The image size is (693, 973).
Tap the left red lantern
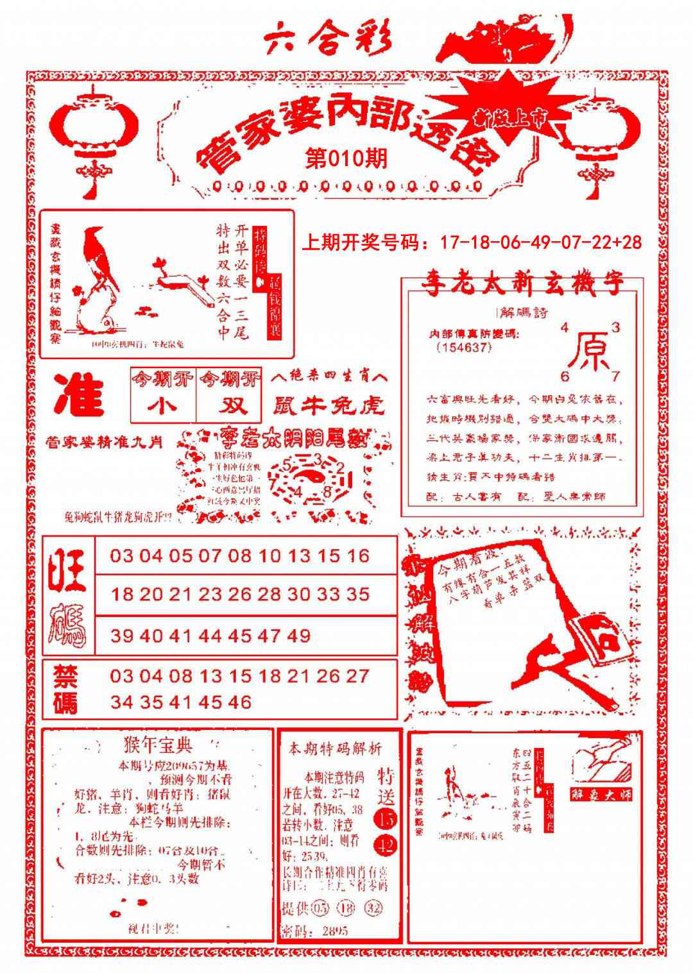[94, 131]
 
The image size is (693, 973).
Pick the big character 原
[589, 351]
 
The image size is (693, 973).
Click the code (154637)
[463, 347]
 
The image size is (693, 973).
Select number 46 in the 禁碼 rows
[239, 702]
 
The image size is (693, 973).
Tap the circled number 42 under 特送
[386, 845]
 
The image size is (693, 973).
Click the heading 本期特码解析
[334, 749]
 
